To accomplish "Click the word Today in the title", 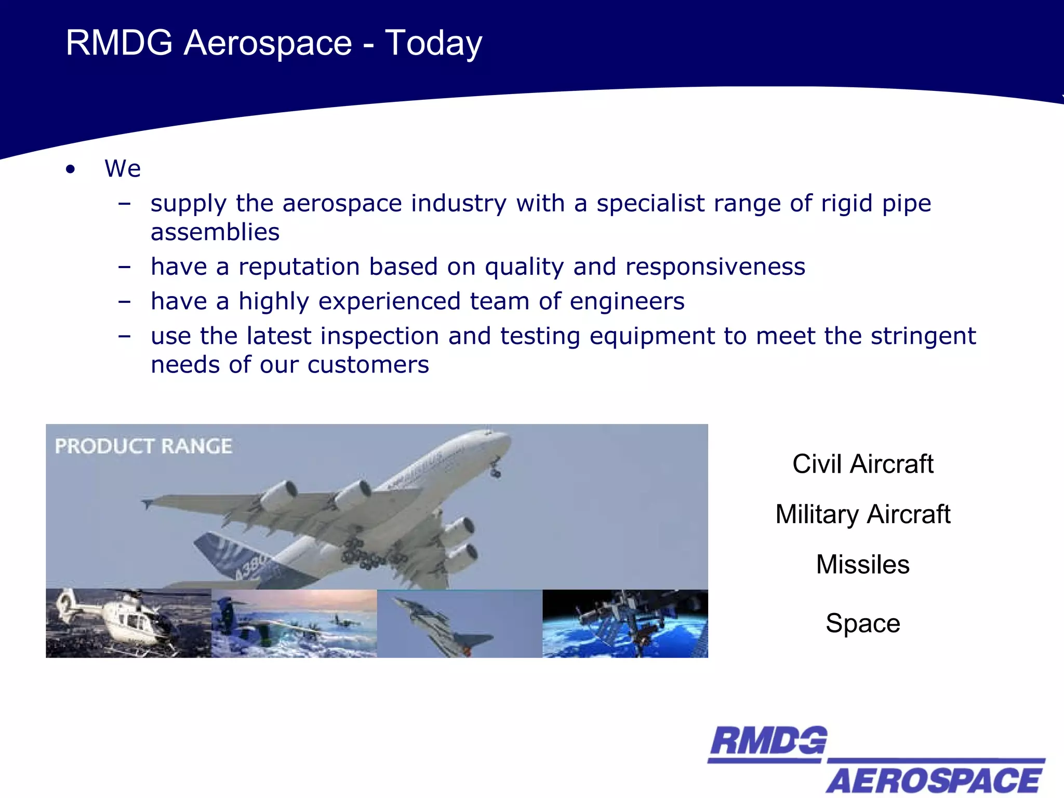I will (x=433, y=44).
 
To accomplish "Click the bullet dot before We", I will (x=71, y=169).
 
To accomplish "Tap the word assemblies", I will (x=215, y=232).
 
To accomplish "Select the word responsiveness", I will (x=715, y=267).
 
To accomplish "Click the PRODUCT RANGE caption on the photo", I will (x=143, y=446).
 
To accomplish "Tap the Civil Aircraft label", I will (x=862, y=464).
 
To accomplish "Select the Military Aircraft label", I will (x=862, y=514).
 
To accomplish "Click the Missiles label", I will (x=862, y=565).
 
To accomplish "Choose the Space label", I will (x=862, y=623).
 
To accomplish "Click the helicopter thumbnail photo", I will (x=128, y=623).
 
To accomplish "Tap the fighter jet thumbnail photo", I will (x=459, y=623).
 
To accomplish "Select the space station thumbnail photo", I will (x=625, y=623).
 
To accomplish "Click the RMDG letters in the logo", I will (x=768, y=742).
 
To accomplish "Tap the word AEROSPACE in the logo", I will (x=934, y=780).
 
